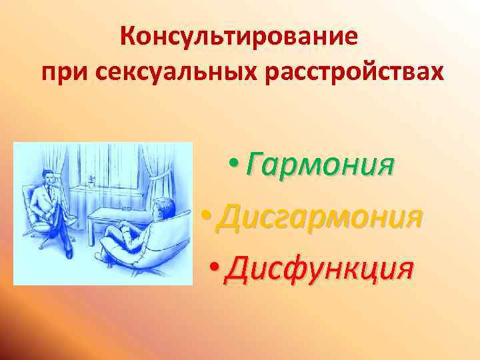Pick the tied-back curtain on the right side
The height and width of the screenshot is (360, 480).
(159, 177)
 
